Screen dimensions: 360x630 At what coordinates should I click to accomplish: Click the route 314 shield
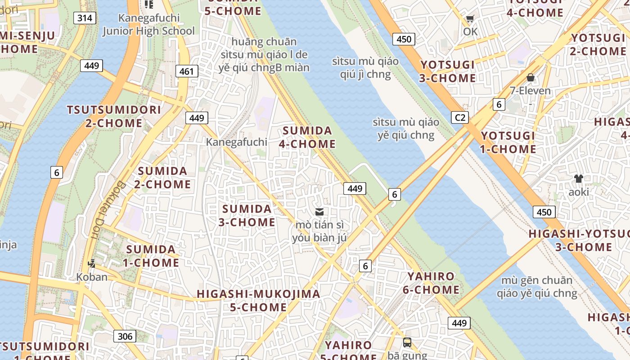(85, 18)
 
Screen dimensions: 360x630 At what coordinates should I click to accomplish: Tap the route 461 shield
(186, 71)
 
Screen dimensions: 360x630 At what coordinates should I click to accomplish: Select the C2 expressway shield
(459, 118)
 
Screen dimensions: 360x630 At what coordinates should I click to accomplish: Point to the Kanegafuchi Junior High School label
(148, 25)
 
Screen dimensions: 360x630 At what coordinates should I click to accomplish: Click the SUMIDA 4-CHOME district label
(308, 137)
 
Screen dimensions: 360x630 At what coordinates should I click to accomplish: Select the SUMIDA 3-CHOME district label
(247, 216)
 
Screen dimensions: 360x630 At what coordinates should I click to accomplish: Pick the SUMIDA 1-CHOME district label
(152, 256)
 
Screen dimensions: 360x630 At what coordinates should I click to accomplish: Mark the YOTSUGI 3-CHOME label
(447, 72)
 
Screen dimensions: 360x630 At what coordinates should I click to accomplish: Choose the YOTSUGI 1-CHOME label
(508, 142)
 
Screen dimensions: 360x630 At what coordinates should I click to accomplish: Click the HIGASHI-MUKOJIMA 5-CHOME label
(259, 301)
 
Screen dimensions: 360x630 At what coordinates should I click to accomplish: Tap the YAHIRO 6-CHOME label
(431, 283)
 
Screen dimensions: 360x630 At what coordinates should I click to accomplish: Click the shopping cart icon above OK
(470, 18)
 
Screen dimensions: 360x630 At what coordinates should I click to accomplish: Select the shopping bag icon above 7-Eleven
(531, 77)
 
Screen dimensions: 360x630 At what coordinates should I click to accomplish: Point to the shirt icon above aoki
(578, 179)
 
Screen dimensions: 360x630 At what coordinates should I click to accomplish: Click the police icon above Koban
(92, 263)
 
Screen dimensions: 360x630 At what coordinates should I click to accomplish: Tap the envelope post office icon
(319, 211)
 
